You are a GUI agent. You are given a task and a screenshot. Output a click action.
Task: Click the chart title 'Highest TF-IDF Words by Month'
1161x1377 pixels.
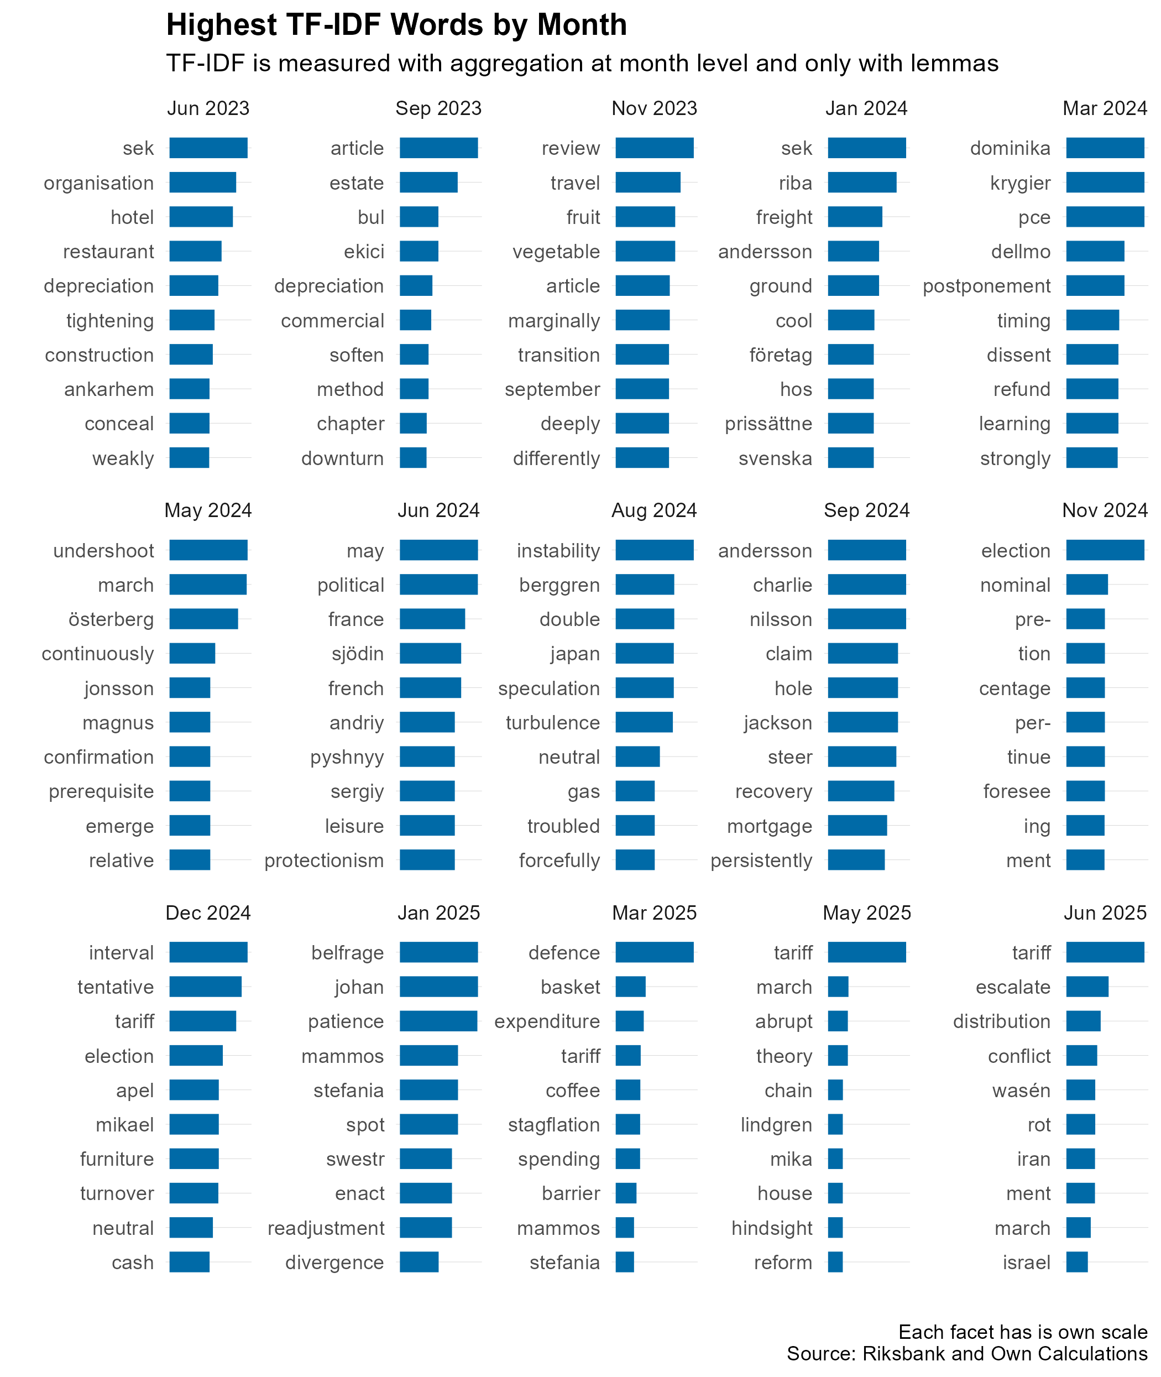coord(396,25)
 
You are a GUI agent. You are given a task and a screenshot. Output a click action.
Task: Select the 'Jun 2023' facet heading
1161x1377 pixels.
coord(208,108)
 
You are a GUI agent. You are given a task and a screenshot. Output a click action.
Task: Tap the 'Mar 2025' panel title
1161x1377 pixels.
coord(654,912)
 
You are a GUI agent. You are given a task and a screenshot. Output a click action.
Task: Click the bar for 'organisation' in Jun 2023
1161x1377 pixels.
coord(203,182)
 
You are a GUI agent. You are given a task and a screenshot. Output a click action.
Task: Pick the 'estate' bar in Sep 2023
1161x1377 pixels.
coord(428,182)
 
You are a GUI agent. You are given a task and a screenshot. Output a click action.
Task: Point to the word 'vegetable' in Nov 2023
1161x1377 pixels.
coord(556,252)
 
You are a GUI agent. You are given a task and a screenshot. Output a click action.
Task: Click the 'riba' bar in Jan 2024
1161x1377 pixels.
coord(862,182)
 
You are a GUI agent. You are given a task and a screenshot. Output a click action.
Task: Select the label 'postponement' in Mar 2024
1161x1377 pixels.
coord(987,286)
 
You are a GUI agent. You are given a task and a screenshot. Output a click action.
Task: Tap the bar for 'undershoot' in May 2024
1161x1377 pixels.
coord(208,550)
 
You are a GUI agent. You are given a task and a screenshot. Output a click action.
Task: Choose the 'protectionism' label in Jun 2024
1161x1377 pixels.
coord(324,860)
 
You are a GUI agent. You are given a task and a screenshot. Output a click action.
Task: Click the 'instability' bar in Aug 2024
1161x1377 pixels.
coord(655,550)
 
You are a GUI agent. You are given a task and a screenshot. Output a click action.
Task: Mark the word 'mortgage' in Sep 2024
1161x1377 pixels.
coord(770,826)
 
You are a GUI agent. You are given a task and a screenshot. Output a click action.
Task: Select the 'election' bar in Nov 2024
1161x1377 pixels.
coord(1105,550)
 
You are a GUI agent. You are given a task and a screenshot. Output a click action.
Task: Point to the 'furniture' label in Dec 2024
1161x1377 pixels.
coord(117,1159)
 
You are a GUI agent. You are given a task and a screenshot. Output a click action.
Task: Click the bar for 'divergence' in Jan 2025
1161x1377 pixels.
coord(419,1262)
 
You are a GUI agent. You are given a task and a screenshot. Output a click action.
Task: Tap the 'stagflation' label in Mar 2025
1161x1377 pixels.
coord(553,1125)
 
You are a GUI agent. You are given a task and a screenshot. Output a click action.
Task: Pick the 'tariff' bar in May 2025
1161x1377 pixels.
coord(867,952)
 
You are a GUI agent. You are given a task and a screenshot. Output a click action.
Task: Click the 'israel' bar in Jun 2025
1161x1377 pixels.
coord(1077,1262)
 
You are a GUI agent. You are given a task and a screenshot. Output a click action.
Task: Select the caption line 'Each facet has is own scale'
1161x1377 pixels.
coord(1023,1332)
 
